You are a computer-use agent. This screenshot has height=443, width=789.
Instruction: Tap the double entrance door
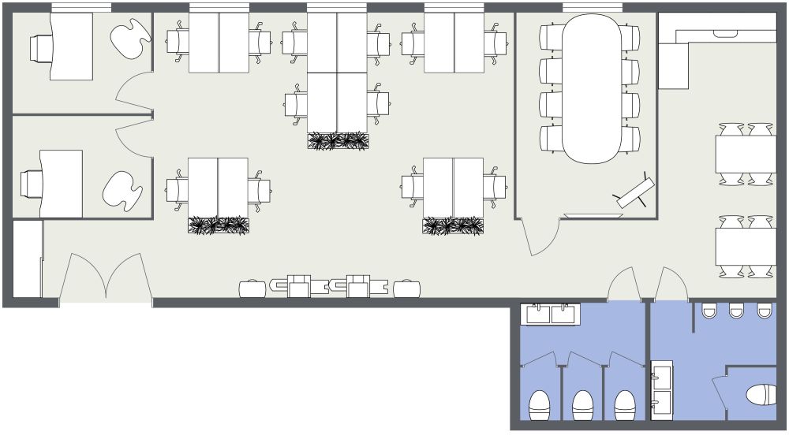(106, 279)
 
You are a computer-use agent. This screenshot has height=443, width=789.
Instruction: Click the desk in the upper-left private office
(71, 47)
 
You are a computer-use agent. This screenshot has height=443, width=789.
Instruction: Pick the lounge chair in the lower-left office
(122, 191)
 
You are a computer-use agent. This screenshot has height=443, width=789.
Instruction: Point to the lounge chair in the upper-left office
(129, 37)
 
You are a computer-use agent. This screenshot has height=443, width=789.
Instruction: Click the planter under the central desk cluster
(338, 141)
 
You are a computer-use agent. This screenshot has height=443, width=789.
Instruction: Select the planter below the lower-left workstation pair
(219, 225)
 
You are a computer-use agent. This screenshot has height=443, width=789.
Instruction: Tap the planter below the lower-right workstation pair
(453, 226)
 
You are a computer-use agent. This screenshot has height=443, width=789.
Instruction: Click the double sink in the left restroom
(551, 314)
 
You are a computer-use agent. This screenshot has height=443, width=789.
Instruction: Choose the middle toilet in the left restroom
(582, 405)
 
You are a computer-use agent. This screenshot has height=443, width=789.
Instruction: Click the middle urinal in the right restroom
(736, 311)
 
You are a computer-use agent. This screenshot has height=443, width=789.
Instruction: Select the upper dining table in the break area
(746, 154)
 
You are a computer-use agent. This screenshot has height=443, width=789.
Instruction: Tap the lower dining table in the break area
(746, 246)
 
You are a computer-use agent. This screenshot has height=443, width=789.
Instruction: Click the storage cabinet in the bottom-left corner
(28, 259)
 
